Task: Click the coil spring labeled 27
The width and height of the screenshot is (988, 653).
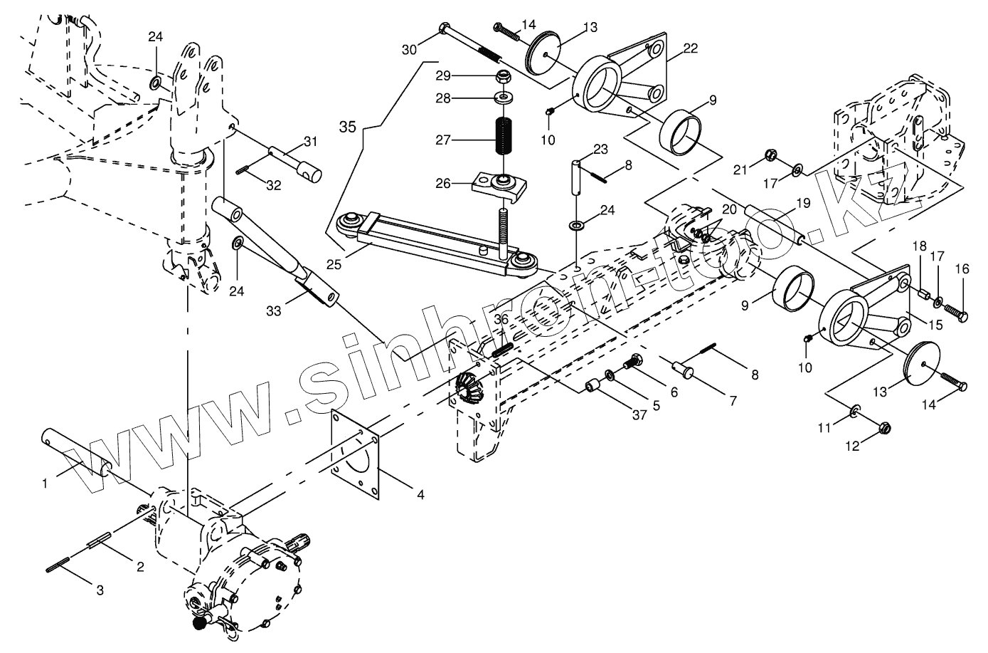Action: click(504, 138)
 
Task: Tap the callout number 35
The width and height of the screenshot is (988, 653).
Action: click(346, 127)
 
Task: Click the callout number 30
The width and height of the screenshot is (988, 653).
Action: click(409, 49)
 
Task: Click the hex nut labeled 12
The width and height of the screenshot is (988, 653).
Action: click(886, 428)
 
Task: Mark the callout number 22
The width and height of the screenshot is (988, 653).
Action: click(690, 48)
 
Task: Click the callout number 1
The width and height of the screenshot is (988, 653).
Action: click(45, 483)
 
